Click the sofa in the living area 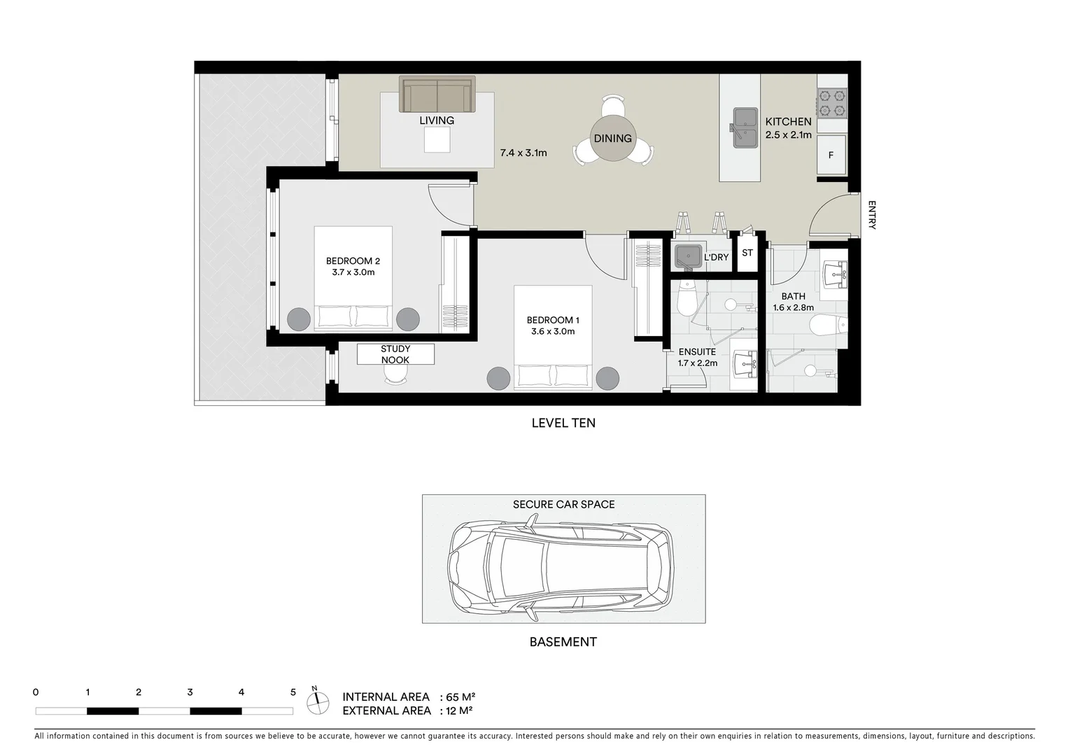pyautogui.click(x=437, y=94)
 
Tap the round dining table pyautogui.click(x=613, y=139)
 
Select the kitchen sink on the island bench pyautogui.click(x=745, y=127)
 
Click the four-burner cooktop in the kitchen pyautogui.click(x=832, y=102)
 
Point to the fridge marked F pyautogui.click(x=831, y=155)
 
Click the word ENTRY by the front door pyautogui.click(x=871, y=215)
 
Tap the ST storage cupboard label pyautogui.click(x=747, y=253)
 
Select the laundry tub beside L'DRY pyautogui.click(x=688, y=257)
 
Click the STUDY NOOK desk pyautogui.click(x=395, y=354)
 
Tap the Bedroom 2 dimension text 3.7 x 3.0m pyautogui.click(x=353, y=272)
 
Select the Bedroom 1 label pyautogui.click(x=552, y=321)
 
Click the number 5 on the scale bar pyautogui.click(x=293, y=692)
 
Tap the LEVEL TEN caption pyautogui.click(x=563, y=423)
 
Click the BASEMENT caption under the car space pyautogui.click(x=563, y=642)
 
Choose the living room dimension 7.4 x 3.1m pyautogui.click(x=523, y=153)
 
